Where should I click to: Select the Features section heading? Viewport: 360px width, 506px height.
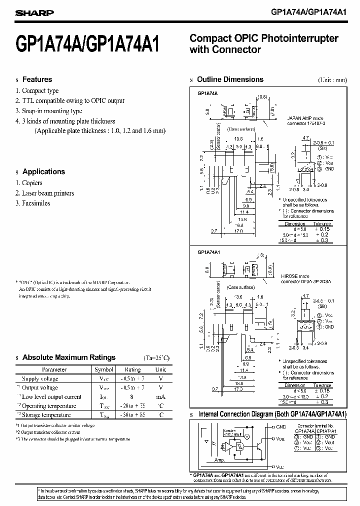(37, 79)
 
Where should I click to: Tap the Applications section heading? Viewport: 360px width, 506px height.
(43, 171)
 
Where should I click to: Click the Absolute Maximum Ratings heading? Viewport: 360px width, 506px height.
(68, 357)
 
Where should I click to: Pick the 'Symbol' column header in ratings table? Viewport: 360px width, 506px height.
(104, 369)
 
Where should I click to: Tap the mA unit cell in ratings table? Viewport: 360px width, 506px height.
(160, 396)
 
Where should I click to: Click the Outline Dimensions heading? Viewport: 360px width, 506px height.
(230, 79)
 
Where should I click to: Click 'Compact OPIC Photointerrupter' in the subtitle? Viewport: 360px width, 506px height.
(264, 38)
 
